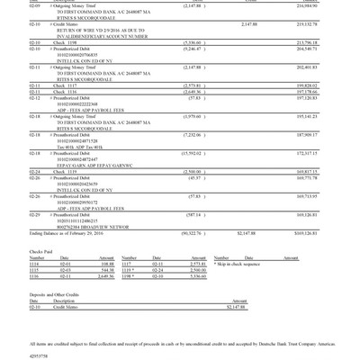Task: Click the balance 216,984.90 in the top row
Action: point(306,5)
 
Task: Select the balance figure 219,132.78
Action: point(306,24)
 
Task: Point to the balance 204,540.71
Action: point(306,49)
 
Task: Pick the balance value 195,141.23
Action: point(306,116)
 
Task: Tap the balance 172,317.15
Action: point(306,153)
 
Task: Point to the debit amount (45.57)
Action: point(195,177)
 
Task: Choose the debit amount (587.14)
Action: point(194,215)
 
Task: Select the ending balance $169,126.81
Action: point(306,233)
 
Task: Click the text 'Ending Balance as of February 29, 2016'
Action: point(65,233)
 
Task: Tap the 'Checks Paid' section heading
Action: point(41,252)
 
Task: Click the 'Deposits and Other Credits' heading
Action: point(55,294)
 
